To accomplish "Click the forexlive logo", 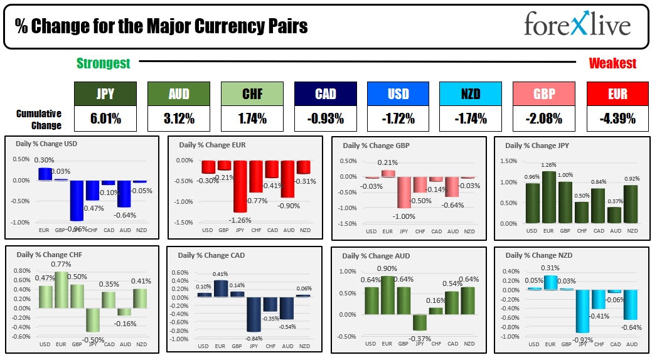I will (x=577, y=26).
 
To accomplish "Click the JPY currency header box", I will (x=105, y=94).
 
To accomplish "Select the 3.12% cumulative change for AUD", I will (x=178, y=119).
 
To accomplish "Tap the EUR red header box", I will (x=617, y=94).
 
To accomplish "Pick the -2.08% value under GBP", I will (x=544, y=119).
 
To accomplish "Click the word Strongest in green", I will (x=104, y=63).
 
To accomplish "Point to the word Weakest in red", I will (x=612, y=63).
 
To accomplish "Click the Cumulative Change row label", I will (x=39, y=119).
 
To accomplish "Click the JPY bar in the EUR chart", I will (x=240, y=186).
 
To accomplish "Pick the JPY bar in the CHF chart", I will (x=93, y=320).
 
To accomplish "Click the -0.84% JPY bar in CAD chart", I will (x=254, y=314).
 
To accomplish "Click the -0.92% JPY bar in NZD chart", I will (x=582, y=311).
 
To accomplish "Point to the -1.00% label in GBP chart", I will (x=404, y=216).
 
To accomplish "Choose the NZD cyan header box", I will (x=471, y=94).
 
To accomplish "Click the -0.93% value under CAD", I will (x=325, y=119).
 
